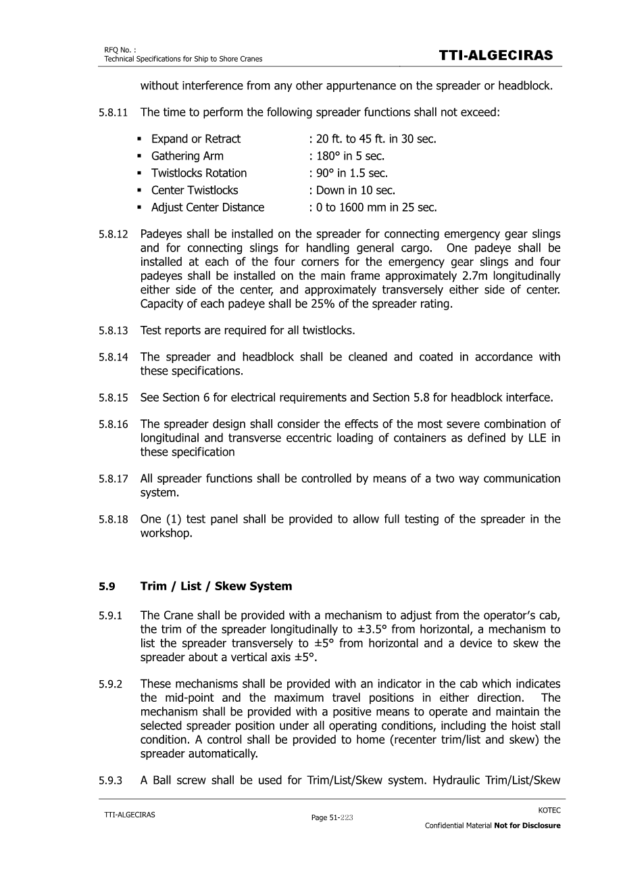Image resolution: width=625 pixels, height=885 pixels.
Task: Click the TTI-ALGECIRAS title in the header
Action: click(496, 55)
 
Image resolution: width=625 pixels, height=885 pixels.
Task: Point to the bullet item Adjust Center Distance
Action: click(207, 208)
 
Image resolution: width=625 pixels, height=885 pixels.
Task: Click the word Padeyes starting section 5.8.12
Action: click(161, 235)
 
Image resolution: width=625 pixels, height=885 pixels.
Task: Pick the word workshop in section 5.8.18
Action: click(166, 533)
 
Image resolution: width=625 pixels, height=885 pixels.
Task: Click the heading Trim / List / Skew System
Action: click(216, 586)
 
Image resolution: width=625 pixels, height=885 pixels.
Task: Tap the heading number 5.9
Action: click(107, 586)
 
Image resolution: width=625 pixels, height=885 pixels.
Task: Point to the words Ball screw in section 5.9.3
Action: click(178, 780)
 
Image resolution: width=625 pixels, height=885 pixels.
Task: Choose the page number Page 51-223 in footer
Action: click(332, 817)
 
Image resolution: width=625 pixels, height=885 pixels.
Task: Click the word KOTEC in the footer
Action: click(549, 810)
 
